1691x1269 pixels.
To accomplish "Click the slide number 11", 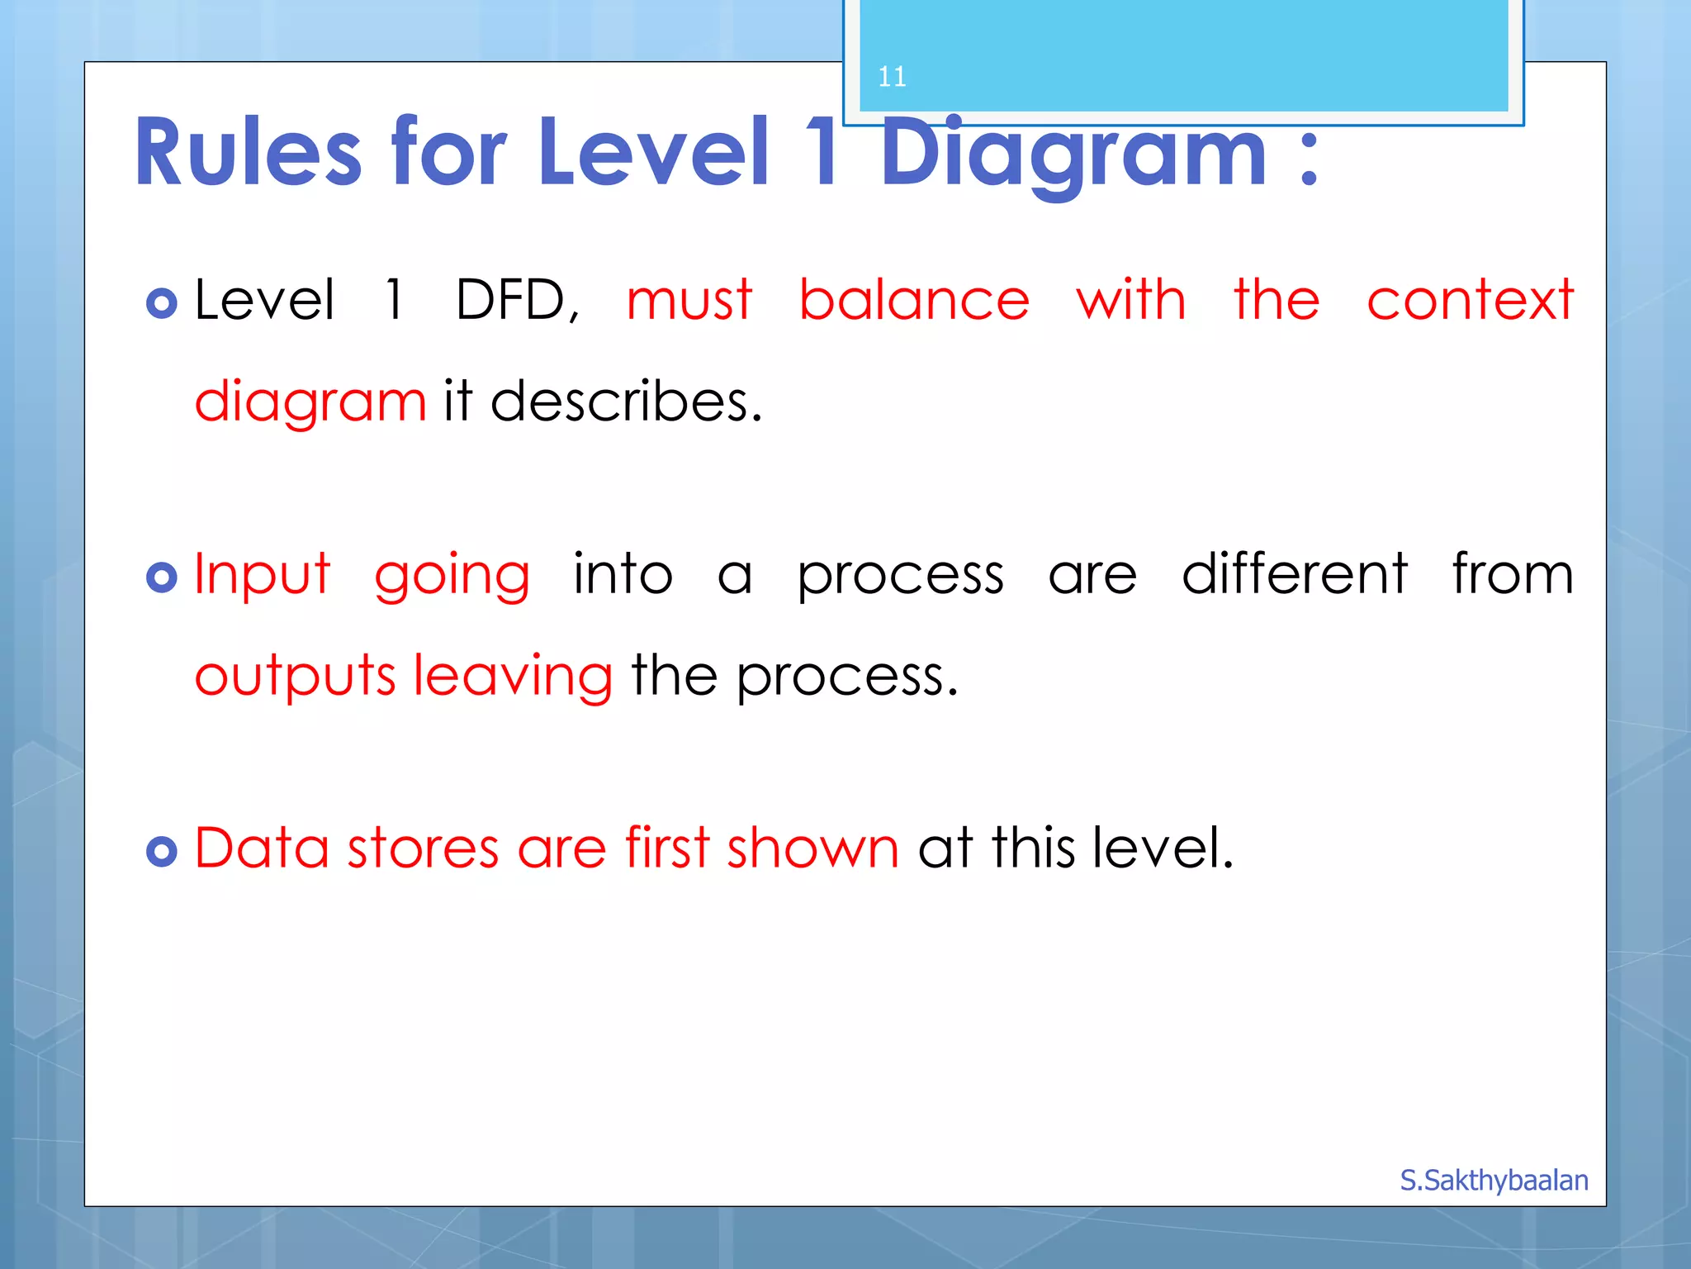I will coord(892,77).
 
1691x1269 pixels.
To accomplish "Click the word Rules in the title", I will coord(248,153).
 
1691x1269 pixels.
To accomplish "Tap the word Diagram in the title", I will coord(1073,153).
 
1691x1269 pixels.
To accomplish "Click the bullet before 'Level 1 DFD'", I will coord(162,303).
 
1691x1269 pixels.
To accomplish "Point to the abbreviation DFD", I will coord(517,299).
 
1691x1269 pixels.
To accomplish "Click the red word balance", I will coord(914,299).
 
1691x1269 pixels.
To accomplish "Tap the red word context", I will coord(1470,299).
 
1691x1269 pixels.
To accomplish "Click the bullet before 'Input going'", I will coord(162,577).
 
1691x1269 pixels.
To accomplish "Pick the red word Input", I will coord(263,574).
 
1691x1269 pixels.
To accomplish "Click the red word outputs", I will coord(295,675).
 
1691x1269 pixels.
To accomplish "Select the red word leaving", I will coord(513,677).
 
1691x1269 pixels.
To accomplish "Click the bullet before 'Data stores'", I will coord(162,851).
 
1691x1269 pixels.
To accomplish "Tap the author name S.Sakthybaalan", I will coord(1494,1181).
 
